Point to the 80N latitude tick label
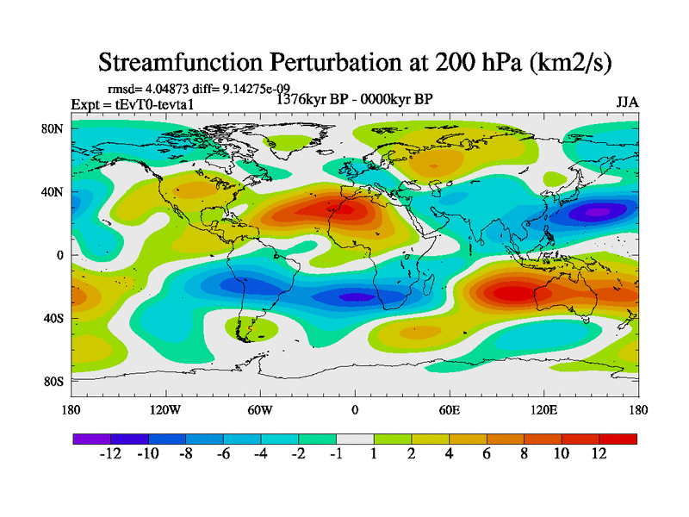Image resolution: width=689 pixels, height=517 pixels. [x=53, y=129]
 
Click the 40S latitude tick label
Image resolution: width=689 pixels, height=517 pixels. [x=53, y=319]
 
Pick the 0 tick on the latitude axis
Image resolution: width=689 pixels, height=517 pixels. [x=61, y=255]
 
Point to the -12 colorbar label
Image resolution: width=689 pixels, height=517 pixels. [x=109, y=455]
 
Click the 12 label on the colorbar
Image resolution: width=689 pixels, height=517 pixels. [x=599, y=455]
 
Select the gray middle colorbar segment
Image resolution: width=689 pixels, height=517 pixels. [x=355, y=439]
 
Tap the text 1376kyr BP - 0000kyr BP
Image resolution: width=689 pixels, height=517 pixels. [x=354, y=99]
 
